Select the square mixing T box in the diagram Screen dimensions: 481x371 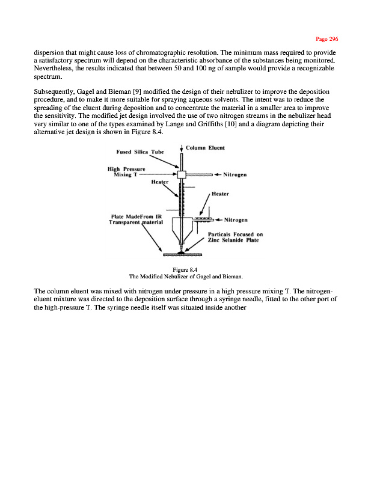pos(182,174)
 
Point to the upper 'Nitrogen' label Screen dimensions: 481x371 pos(238,176)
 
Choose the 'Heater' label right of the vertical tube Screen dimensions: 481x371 pos(220,194)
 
